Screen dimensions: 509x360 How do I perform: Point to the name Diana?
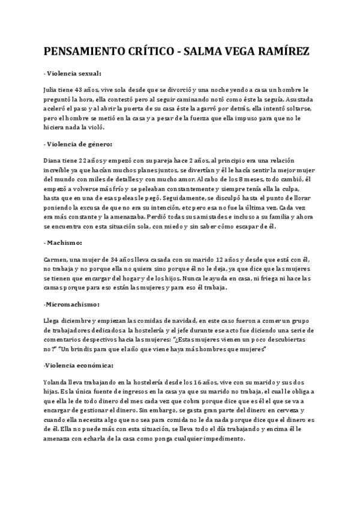coord(53,161)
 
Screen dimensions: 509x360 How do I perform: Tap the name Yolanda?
coord(57,382)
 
